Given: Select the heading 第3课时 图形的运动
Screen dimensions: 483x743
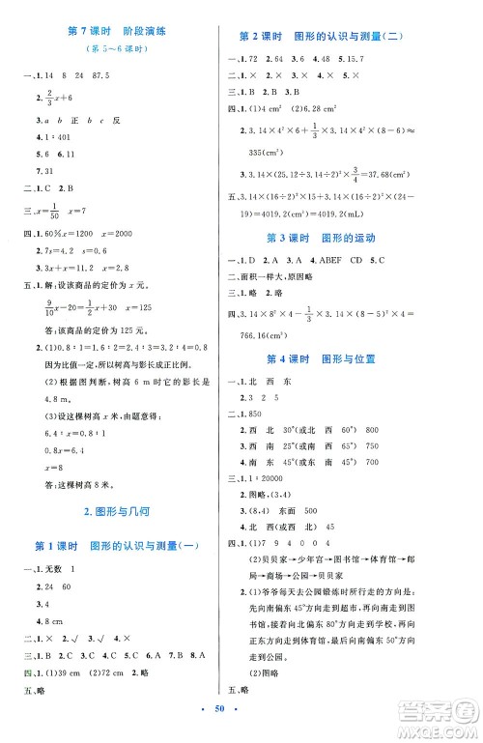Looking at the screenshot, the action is click(358, 238).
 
